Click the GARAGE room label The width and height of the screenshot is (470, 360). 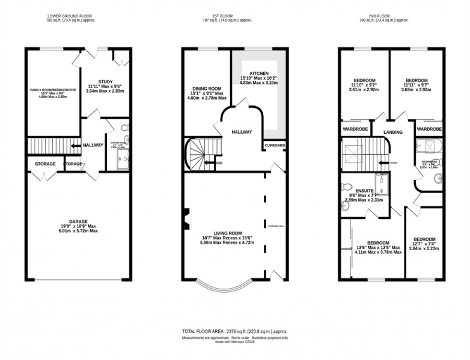pyautogui.click(x=78, y=221)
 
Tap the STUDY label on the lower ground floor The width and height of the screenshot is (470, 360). pyautogui.click(x=105, y=81)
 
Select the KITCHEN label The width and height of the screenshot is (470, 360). pyautogui.click(x=258, y=73)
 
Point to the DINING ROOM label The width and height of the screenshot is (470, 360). pyautogui.click(x=207, y=89)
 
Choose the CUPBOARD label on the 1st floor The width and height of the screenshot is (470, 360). pyautogui.click(x=275, y=145)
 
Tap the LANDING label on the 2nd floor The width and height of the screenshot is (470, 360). pyautogui.click(x=393, y=132)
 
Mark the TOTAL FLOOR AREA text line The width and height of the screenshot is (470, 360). pyautogui.click(x=235, y=331)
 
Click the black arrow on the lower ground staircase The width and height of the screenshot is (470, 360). pyautogui.click(x=75, y=146)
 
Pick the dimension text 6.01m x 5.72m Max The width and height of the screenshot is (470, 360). pyautogui.click(x=78, y=231)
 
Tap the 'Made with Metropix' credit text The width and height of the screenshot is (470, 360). pyautogui.click(x=235, y=343)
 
